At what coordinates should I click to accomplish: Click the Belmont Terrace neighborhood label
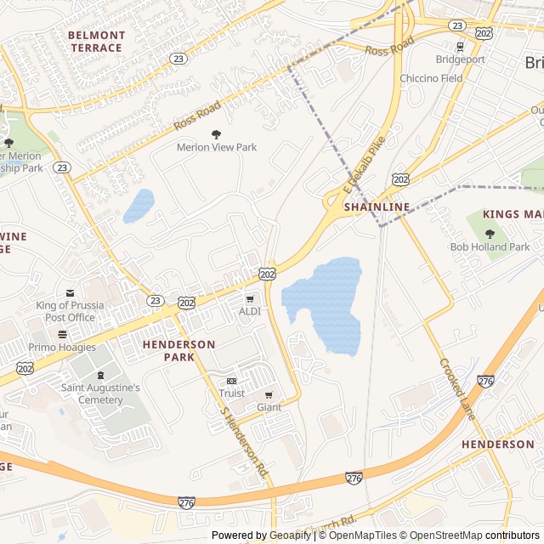pos(96,42)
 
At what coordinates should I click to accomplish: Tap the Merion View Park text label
pos(216,147)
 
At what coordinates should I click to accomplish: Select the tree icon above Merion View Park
pos(216,133)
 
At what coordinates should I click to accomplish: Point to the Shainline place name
pos(377,207)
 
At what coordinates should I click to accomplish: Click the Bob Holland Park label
pos(490,247)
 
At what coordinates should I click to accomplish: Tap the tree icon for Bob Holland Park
pos(490,234)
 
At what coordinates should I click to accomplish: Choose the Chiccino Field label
pos(432,78)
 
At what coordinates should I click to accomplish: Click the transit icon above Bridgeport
pos(460,47)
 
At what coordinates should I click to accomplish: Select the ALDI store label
pos(249,311)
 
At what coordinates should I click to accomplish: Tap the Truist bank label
pos(231,394)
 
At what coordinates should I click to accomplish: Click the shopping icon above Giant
pos(269,394)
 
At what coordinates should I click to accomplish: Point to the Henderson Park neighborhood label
pos(178,350)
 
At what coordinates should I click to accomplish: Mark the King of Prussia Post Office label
pos(70,311)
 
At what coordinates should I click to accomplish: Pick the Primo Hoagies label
pos(62,347)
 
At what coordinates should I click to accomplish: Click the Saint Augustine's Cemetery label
pos(100,394)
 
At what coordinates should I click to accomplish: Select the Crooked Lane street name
pos(456,387)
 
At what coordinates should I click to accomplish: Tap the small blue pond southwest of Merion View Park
pos(139,206)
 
